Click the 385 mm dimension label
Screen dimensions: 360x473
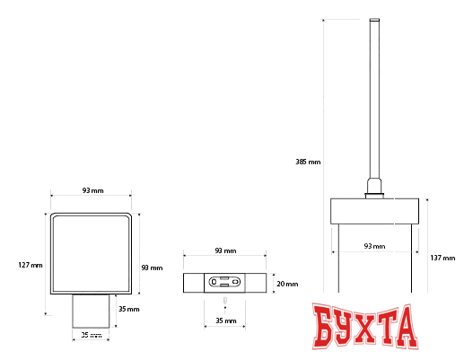(308, 162)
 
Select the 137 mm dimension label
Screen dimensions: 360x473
(442, 258)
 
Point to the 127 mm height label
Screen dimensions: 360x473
(30, 265)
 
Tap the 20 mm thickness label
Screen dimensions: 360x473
(286, 283)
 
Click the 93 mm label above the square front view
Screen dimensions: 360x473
(92, 190)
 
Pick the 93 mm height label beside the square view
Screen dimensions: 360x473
(152, 268)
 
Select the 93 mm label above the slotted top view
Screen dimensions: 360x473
(224, 251)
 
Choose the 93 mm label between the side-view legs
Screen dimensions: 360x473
(374, 245)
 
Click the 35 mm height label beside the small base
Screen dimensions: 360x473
(128, 309)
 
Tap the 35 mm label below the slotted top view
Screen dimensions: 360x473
(224, 320)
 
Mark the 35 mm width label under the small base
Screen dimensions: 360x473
(92, 335)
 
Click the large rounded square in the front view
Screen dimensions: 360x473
(92, 253)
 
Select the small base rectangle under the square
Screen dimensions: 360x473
(92, 311)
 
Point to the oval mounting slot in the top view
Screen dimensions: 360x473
(224, 282)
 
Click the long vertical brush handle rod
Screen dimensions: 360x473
(374, 99)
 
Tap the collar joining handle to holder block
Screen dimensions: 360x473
(374, 189)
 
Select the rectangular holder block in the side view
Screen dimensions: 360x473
(374, 211)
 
